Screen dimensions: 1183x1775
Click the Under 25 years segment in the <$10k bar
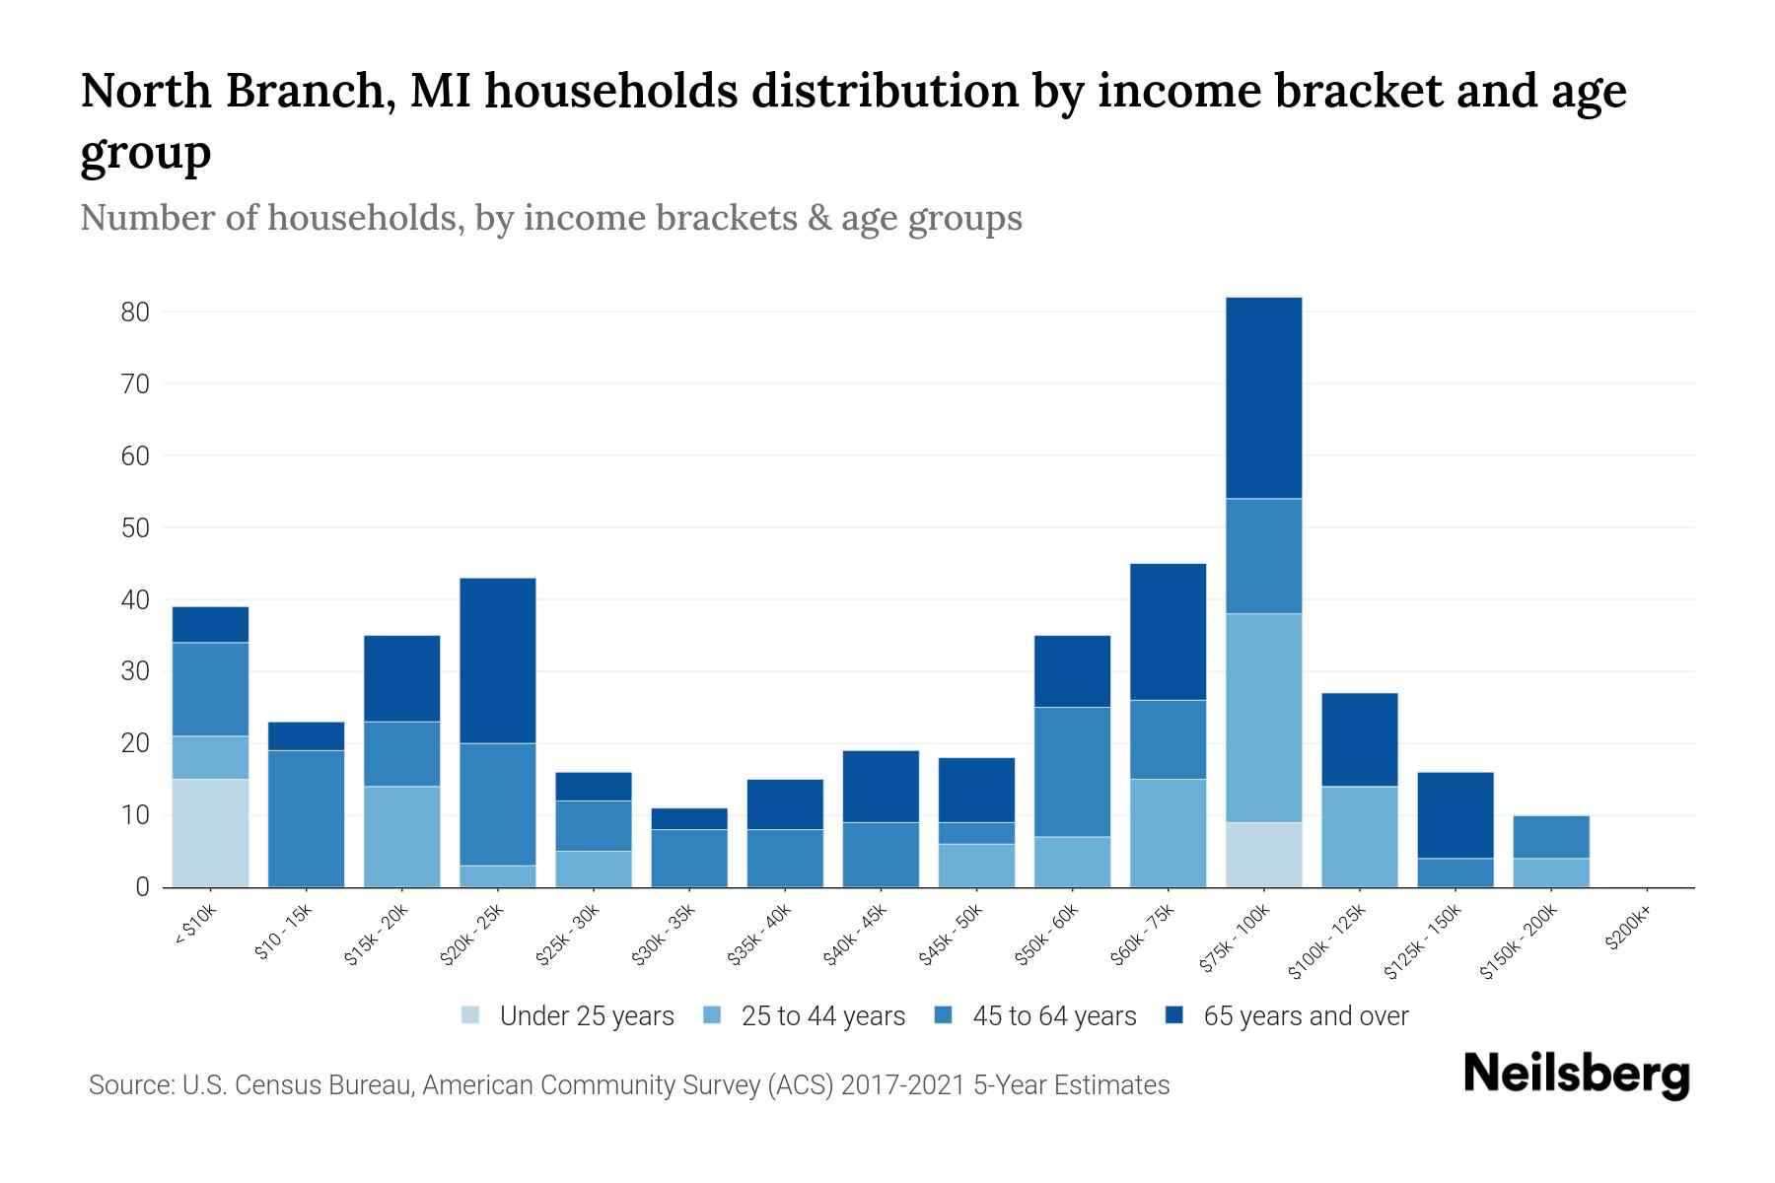click(x=210, y=833)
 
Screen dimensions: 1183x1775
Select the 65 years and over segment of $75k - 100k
click(x=1263, y=398)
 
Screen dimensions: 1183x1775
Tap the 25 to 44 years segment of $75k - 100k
click(x=1263, y=718)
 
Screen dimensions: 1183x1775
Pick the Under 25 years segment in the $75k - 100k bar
click(x=1263, y=855)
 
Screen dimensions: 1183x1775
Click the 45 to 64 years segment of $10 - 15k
click(x=306, y=818)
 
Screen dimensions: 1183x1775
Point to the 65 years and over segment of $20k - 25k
click(x=498, y=661)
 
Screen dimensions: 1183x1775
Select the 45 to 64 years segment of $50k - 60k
click(x=1072, y=772)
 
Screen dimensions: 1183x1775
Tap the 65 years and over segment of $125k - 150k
click(x=1455, y=815)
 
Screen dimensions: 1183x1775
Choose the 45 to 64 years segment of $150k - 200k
click(x=1550, y=837)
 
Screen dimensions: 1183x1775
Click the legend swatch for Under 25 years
click(x=471, y=1015)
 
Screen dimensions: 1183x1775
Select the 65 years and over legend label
click(x=1306, y=1016)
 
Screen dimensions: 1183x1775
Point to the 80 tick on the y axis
click(x=135, y=313)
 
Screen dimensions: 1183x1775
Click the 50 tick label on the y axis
click(x=135, y=528)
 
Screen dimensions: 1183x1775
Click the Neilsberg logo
click(x=1576, y=1074)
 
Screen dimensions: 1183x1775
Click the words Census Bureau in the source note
click(x=333, y=1085)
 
